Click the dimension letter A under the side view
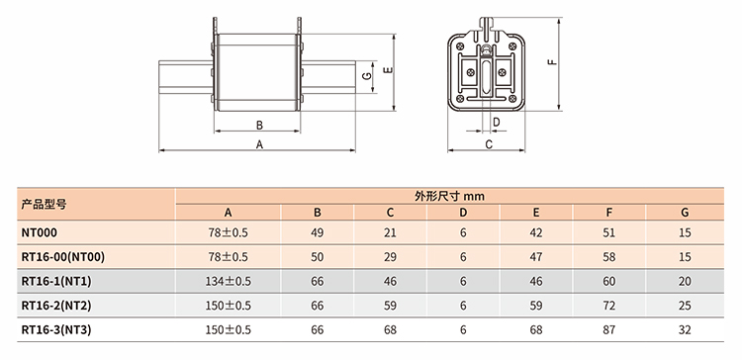tap(259, 144)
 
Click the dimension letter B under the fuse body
tap(259, 125)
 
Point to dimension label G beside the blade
tap(366, 76)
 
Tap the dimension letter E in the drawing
tap(390, 70)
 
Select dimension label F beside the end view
tap(552, 62)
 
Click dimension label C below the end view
tap(489, 144)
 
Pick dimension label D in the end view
tap(496, 122)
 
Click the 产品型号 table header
tap(44, 205)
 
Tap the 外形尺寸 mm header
tap(449, 196)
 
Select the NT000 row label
tap(40, 232)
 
